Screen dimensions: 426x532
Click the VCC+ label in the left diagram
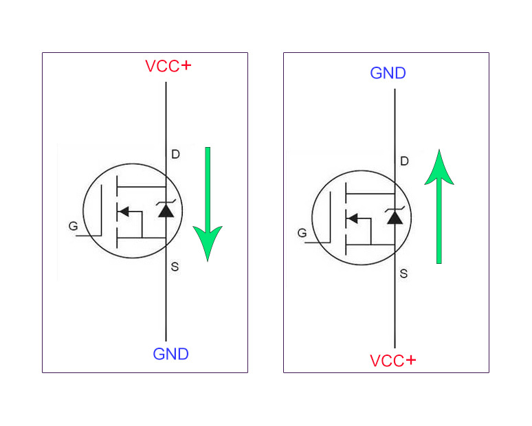tap(168, 67)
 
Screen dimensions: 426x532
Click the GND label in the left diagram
tap(170, 355)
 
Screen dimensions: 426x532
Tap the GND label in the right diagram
tap(388, 74)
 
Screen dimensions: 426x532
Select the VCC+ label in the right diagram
tap(392, 361)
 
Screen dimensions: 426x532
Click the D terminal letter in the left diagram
tap(175, 155)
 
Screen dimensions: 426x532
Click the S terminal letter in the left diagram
tap(175, 267)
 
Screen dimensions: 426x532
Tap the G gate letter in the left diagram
tap(73, 226)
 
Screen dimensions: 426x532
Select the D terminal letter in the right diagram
tap(404, 161)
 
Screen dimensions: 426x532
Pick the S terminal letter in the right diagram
tap(403, 273)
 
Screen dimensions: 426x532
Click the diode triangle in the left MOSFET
tap(166, 211)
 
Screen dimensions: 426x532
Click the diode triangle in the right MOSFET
tap(395, 218)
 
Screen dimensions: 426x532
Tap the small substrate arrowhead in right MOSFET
tap(352, 218)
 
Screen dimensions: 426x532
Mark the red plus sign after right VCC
tap(410, 360)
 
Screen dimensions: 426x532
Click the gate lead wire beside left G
tap(88, 236)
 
